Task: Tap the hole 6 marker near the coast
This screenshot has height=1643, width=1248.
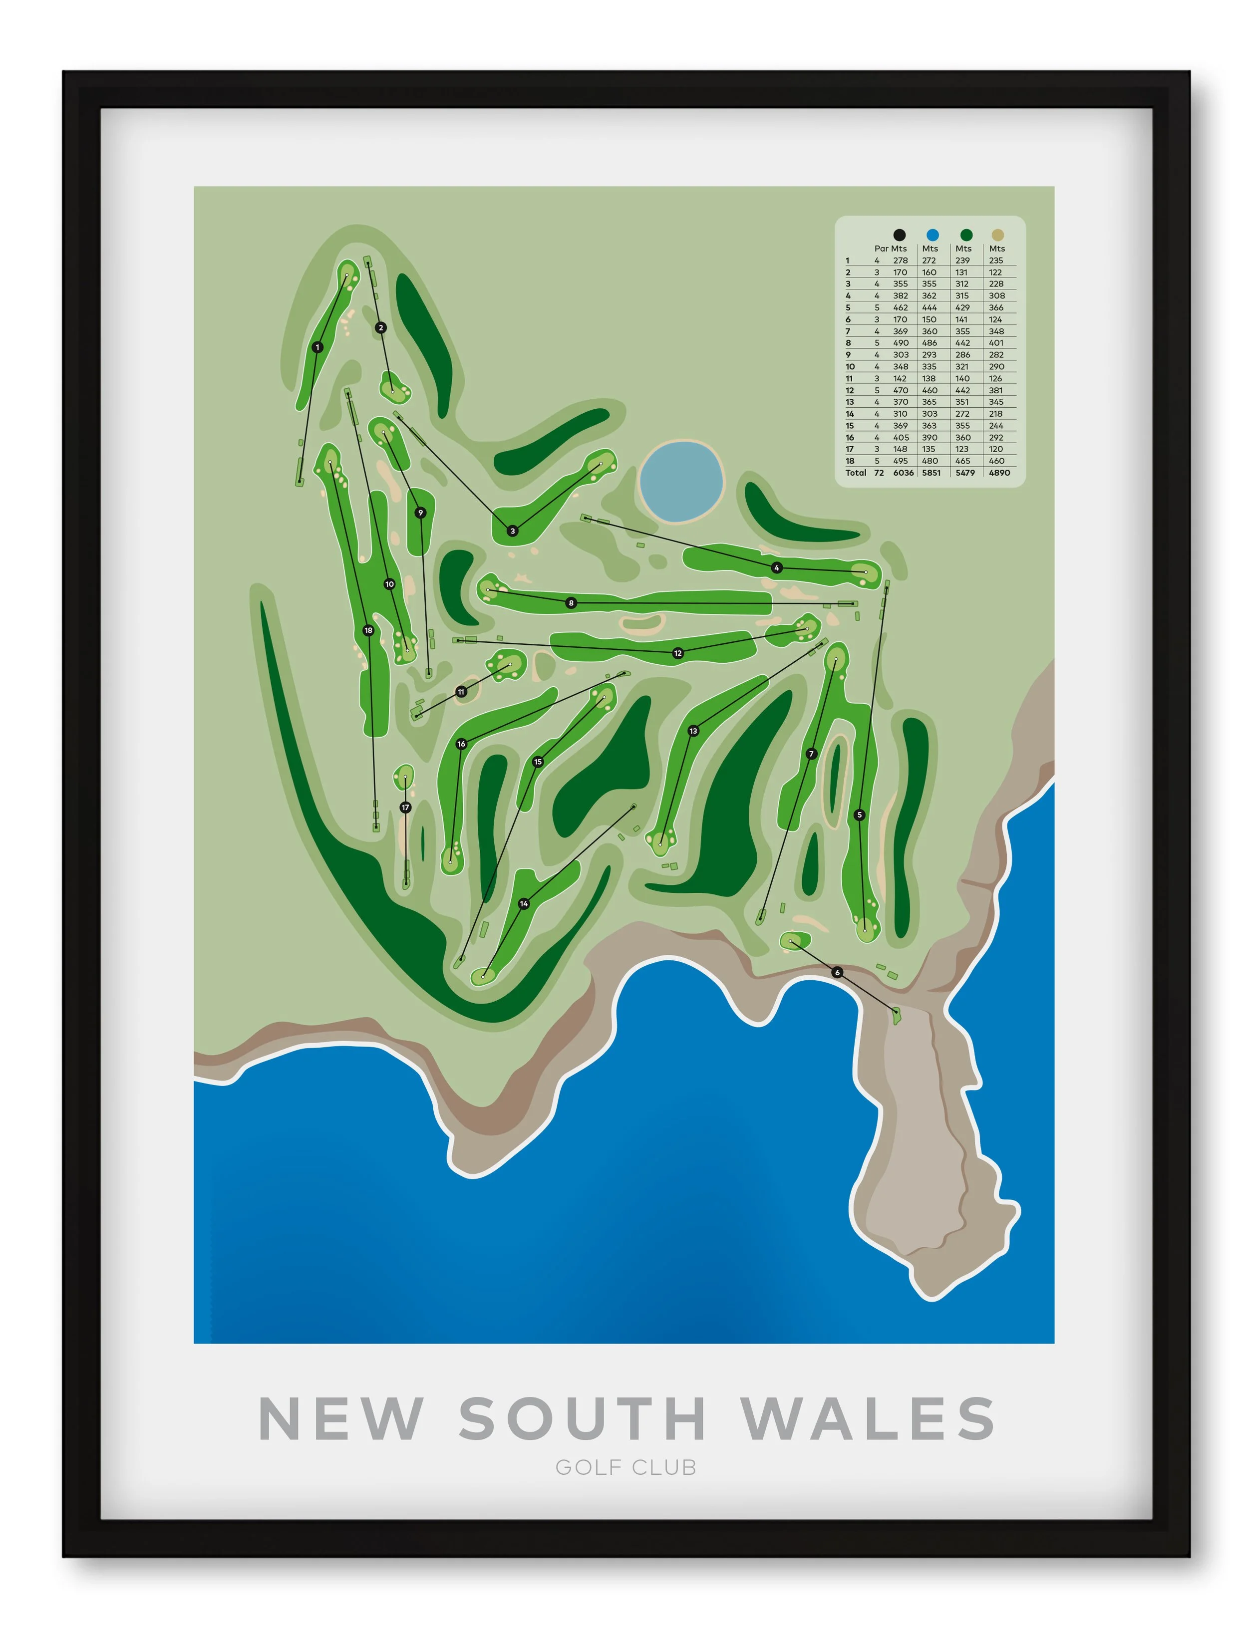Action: (837, 972)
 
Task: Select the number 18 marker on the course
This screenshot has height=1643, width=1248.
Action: (368, 631)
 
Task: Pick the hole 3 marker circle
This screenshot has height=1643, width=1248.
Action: (513, 531)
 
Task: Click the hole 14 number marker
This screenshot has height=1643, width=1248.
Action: (524, 903)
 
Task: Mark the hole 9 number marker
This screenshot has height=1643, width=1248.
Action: (420, 513)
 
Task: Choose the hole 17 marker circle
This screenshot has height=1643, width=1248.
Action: (405, 808)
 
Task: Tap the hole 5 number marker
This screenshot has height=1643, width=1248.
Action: (860, 815)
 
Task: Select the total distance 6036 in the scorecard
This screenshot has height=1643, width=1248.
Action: (904, 473)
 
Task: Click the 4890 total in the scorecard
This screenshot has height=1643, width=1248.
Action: (999, 473)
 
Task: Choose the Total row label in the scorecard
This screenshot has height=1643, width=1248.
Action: (856, 473)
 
